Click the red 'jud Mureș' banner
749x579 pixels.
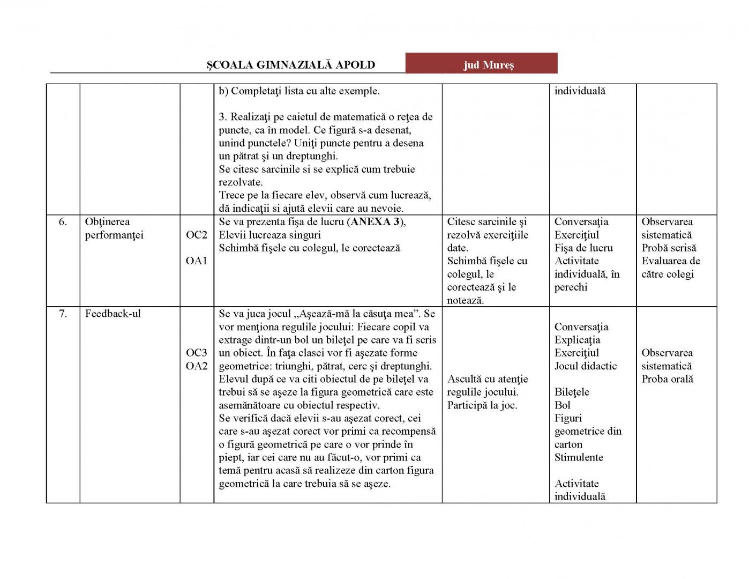pos(481,64)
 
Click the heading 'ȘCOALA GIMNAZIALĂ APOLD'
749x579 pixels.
pos(291,65)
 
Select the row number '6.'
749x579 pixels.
pos(63,222)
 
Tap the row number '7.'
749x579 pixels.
pos(63,314)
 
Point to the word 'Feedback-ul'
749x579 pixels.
pos(113,314)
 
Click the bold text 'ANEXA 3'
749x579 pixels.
pos(376,222)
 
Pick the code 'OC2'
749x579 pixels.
pos(196,235)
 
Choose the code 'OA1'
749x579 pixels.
pos(196,261)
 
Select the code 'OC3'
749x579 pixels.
pos(196,353)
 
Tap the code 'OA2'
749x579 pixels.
pos(196,366)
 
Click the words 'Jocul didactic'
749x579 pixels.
pos(585,366)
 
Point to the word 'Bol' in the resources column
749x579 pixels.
pos(562,405)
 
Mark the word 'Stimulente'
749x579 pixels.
pos(578,457)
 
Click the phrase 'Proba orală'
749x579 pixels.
pos(667,379)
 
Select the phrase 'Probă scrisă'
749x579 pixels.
pos(669,248)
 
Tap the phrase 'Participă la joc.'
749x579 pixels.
pos(482,405)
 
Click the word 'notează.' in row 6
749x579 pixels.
pos(465,300)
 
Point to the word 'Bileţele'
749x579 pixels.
pos(571,392)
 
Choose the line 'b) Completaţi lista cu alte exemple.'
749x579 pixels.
pos(299,91)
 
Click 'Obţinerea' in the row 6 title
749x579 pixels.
pos(107,222)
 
